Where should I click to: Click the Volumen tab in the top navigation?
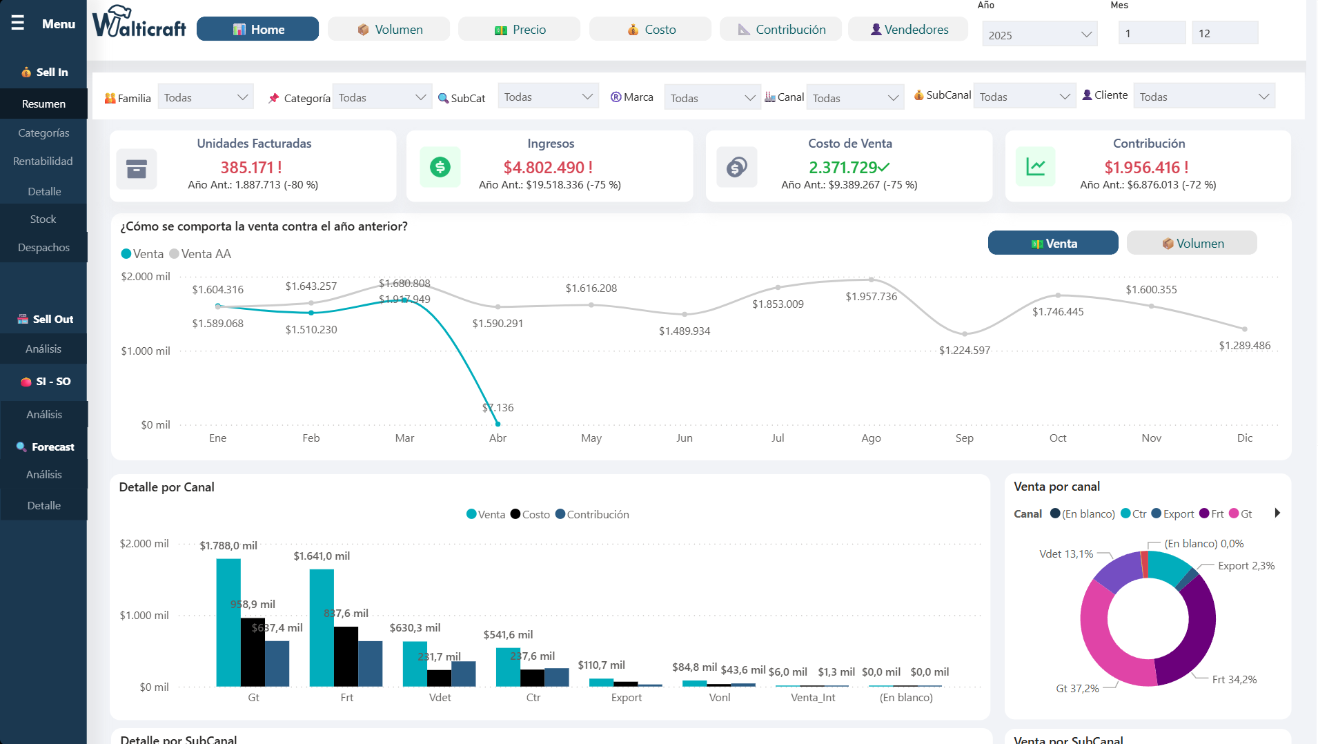389,30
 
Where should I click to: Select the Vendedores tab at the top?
909,30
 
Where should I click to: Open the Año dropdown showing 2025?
1039,35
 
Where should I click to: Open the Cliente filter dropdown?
1203,97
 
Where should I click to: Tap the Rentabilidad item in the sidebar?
43,161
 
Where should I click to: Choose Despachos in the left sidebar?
43,248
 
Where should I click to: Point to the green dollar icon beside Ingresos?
440,167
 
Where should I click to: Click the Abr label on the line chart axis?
498,438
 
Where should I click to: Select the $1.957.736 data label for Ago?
872,297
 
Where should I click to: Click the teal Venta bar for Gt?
228,621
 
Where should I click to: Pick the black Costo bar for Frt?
346,656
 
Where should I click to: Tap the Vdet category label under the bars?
440,698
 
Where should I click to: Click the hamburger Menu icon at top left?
18,23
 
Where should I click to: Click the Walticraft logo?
139,23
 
